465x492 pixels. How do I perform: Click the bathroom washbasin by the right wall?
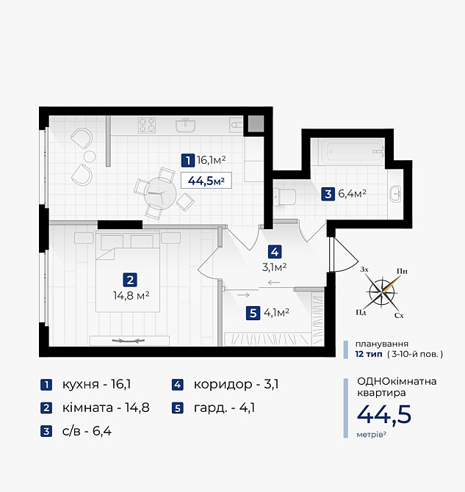click(396, 194)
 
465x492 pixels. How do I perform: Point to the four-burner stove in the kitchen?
click(148, 125)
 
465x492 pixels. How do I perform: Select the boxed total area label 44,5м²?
click(206, 180)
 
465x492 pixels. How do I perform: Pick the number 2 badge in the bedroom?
click(129, 280)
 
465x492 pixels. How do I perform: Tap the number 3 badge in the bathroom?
click(328, 195)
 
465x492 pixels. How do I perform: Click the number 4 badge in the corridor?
click(274, 250)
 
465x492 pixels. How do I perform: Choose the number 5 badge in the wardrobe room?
click(253, 313)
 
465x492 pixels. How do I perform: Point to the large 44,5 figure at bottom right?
click(383, 414)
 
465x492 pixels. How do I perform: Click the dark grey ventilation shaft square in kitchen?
click(255, 123)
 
